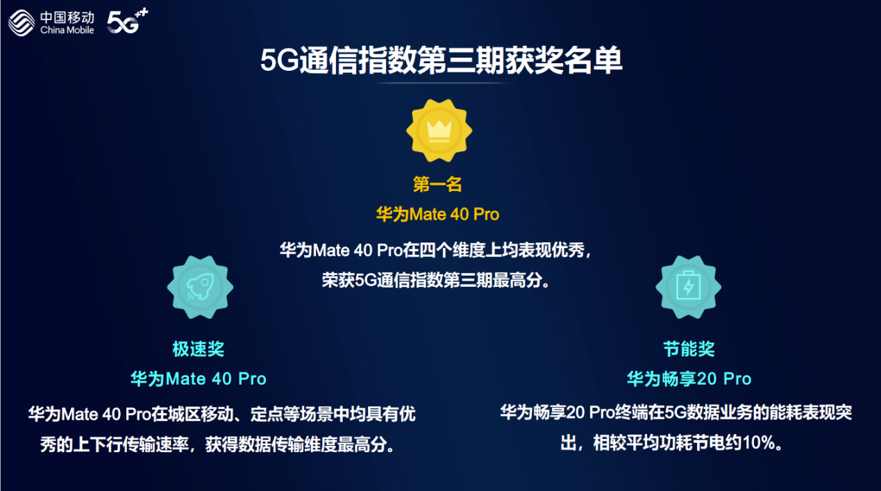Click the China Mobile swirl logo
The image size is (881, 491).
[x=22, y=23]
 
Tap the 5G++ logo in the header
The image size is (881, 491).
[x=128, y=21]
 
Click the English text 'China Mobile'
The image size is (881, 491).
[x=67, y=31]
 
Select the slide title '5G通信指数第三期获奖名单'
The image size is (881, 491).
[x=441, y=60]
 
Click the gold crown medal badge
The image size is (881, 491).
[x=439, y=131]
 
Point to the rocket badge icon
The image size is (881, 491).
[x=200, y=288]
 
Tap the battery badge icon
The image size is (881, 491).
[x=688, y=288]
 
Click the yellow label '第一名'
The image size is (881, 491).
[x=437, y=184]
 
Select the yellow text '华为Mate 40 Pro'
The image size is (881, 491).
[x=438, y=215]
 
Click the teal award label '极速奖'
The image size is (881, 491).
[x=199, y=349]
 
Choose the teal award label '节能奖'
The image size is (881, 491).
[x=689, y=349]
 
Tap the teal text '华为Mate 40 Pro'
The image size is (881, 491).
[x=199, y=379]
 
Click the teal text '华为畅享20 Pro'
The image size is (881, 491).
[x=689, y=379]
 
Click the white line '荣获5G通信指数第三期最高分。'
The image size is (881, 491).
[x=436, y=280]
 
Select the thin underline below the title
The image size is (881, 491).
[x=440, y=83]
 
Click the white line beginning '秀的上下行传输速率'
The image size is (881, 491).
[x=217, y=444]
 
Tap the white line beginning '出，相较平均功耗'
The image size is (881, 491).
[x=671, y=443]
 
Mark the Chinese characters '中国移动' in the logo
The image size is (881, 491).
[x=67, y=17]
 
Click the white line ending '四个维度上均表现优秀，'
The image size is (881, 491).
[x=436, y=250]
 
